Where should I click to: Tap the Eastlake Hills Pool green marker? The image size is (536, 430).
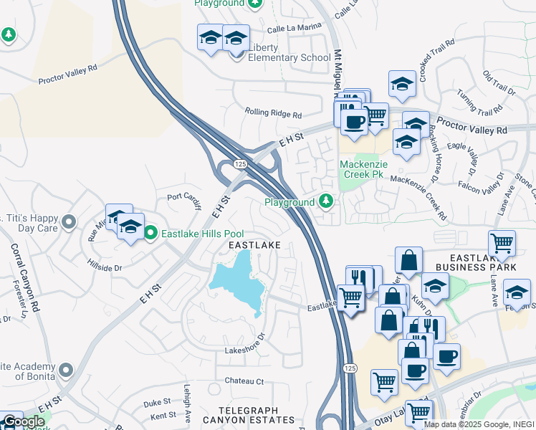pyautogui.click(x=150, y=233)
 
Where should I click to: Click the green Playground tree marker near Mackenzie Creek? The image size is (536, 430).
pyautogui.click(x=326, y=201)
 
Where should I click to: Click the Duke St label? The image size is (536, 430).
pyautogui.click(x=157, y=403)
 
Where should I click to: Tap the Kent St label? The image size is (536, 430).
pyautogui.click(x=163, y=415)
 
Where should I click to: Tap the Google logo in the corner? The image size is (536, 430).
pyautogui.click(x=24, y=421)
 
